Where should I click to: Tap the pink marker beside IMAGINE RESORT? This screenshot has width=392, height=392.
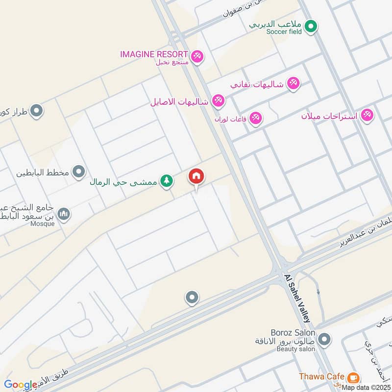click(x=197, y=56)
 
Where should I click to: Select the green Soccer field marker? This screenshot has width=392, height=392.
click(x=310, y=26)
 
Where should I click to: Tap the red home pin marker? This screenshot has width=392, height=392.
click(x=196, y=177)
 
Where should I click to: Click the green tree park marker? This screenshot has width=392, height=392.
click(x=167, y=181)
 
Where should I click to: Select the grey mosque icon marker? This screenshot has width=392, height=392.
click(x=63, y=214)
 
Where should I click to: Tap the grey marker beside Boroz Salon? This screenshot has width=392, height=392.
click(x=323, y=339)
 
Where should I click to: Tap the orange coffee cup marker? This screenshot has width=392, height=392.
click(x=352, y=378)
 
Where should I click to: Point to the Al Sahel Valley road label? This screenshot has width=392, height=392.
click(x=297, y=297)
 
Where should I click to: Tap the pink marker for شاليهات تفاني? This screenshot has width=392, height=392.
click(x=293, y=83)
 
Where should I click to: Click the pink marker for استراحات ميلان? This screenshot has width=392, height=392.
click(x=367, y=116)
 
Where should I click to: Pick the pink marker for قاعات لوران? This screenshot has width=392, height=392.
click(x=256, y=118)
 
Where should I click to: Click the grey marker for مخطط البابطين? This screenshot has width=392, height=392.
click(x=78, y=172)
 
